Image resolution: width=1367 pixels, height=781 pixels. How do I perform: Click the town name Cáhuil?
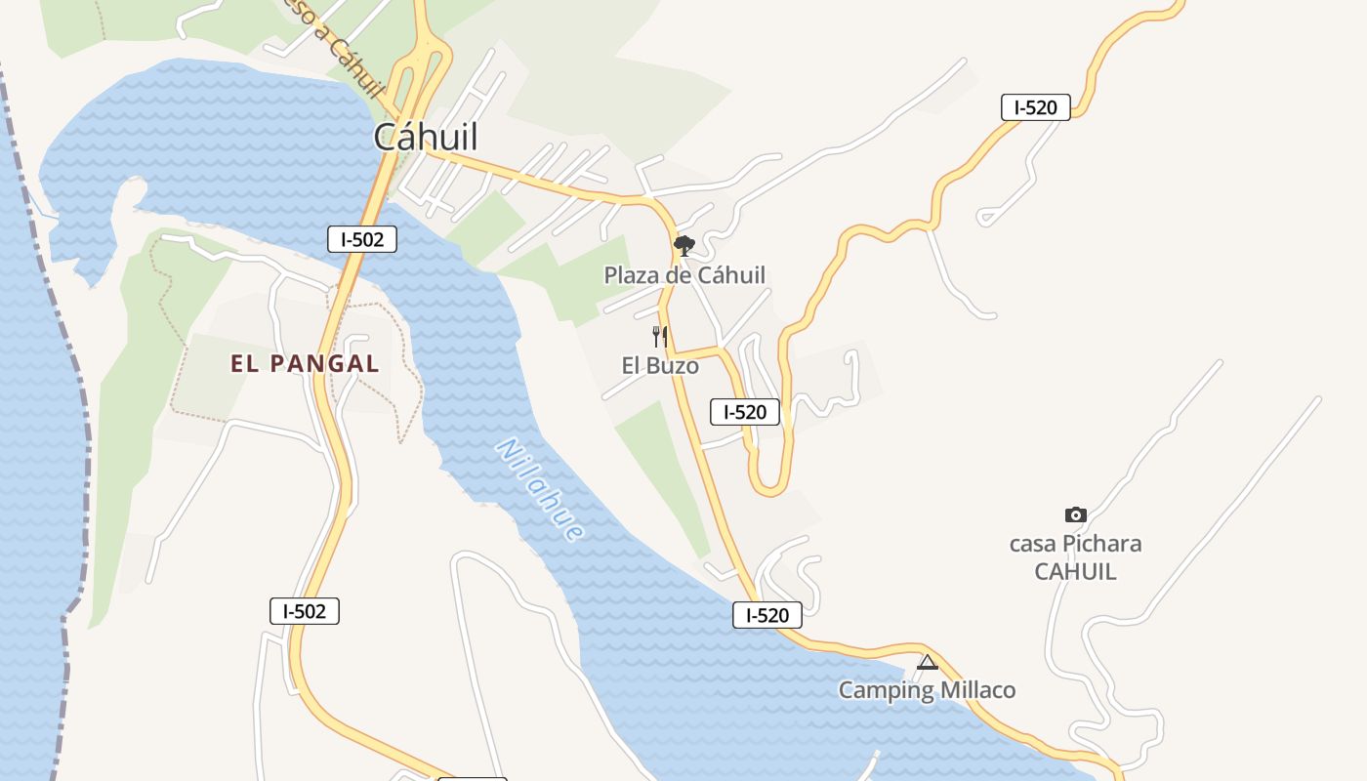(426, 137)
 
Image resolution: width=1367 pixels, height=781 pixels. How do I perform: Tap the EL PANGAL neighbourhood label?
(305, 364)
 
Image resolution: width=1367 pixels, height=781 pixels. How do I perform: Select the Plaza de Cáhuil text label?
(684, 275)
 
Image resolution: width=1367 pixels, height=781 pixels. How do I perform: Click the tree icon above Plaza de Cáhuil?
(684, 245)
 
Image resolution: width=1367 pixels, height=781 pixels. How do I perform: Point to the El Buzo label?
(660, 366)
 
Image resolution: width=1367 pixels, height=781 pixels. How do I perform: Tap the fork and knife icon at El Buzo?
(660, 337)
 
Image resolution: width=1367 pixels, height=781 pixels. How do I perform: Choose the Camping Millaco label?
(927, 690)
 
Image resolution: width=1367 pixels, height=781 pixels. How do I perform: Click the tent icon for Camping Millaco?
(928, 663)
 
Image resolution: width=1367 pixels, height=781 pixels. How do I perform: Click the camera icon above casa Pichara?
(1075, 514)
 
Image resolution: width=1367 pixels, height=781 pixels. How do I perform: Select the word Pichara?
(1101, 544)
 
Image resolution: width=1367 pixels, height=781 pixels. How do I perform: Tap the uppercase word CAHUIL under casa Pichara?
(1075, 571)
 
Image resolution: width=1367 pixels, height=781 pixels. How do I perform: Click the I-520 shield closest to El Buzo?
(745, 412)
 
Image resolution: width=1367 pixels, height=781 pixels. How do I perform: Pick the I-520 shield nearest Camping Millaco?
(767, 615)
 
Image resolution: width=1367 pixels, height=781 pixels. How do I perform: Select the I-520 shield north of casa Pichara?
(1036, 107)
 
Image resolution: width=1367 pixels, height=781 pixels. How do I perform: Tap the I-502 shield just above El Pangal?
(362, 239)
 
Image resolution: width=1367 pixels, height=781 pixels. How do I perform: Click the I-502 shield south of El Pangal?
(305, 611)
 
